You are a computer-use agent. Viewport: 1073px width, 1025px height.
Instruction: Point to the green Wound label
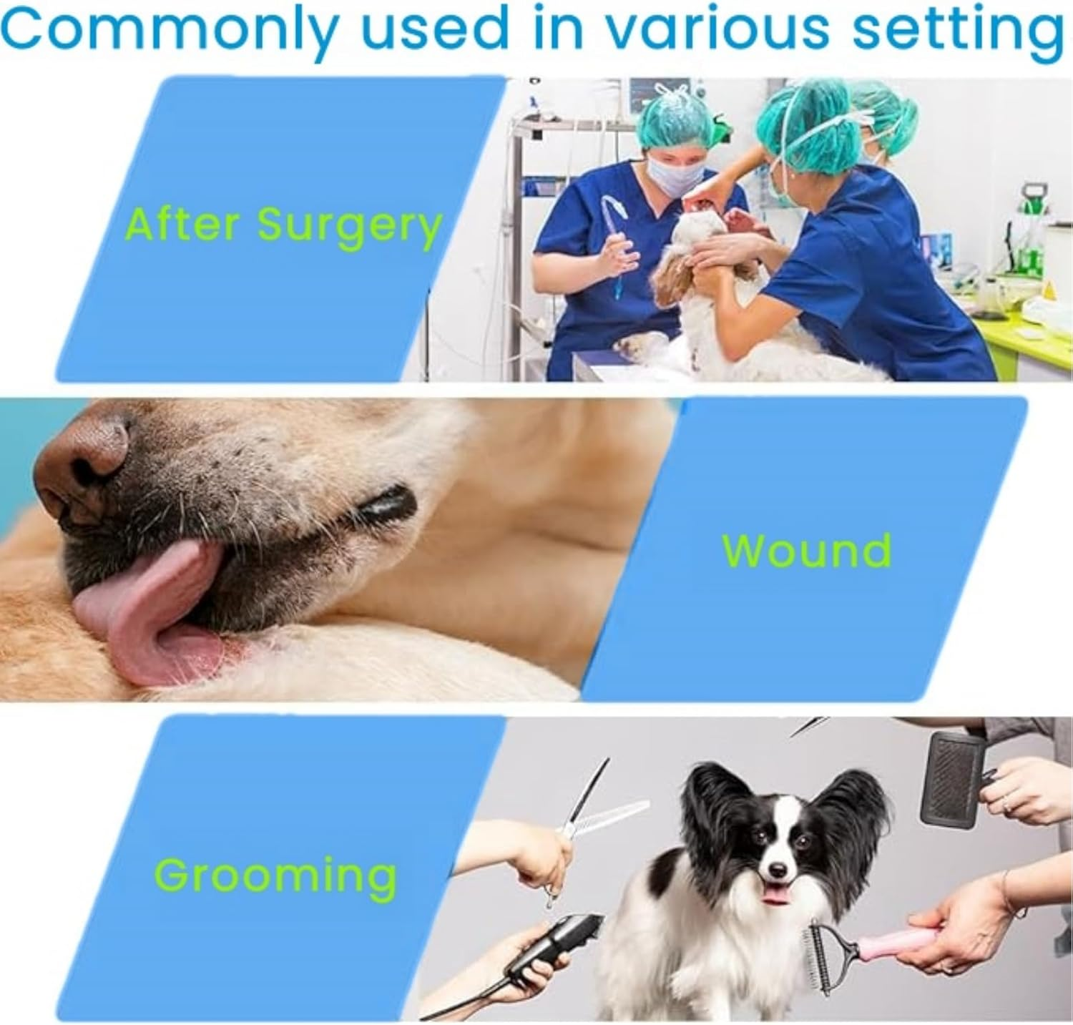pyautogui.click(x=806, y=549)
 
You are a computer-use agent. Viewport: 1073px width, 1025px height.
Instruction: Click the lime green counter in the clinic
pyautogui.click(x=1030, y=336)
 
